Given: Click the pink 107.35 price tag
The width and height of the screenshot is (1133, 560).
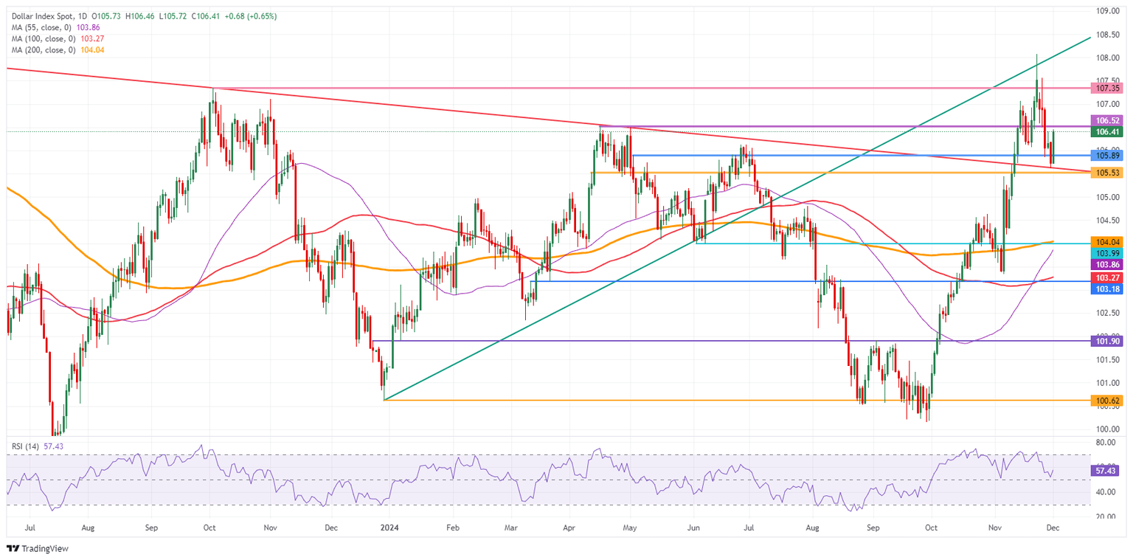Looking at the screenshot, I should pos(1108,88).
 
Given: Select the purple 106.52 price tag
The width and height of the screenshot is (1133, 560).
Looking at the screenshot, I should pos(1108,120).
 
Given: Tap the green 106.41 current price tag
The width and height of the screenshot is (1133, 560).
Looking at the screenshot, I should pos(1108,132).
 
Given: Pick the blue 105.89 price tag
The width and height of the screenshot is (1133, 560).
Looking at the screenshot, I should pos(1108,156).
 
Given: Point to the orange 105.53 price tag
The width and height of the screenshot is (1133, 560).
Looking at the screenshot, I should pos(1108,173).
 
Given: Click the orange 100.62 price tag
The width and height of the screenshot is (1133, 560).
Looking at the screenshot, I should pos(1108,401).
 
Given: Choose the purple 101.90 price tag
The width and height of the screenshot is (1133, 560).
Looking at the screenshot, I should pos(1108,341).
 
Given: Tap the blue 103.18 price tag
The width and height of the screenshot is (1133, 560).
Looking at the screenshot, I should pos(1108,290).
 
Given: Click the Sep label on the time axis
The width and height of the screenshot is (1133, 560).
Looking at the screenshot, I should pos(873,528).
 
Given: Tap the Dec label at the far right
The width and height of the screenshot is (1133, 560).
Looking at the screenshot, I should pos(1053,528).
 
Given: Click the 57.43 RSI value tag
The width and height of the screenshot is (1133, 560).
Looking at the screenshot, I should pos(1108,470).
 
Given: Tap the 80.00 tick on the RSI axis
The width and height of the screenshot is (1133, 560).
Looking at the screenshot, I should pos(1106,443).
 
